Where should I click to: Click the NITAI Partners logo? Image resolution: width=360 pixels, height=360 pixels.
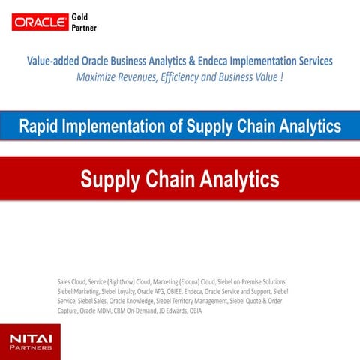[31, 341]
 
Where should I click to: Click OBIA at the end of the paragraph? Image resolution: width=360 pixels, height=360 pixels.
[195, 310]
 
